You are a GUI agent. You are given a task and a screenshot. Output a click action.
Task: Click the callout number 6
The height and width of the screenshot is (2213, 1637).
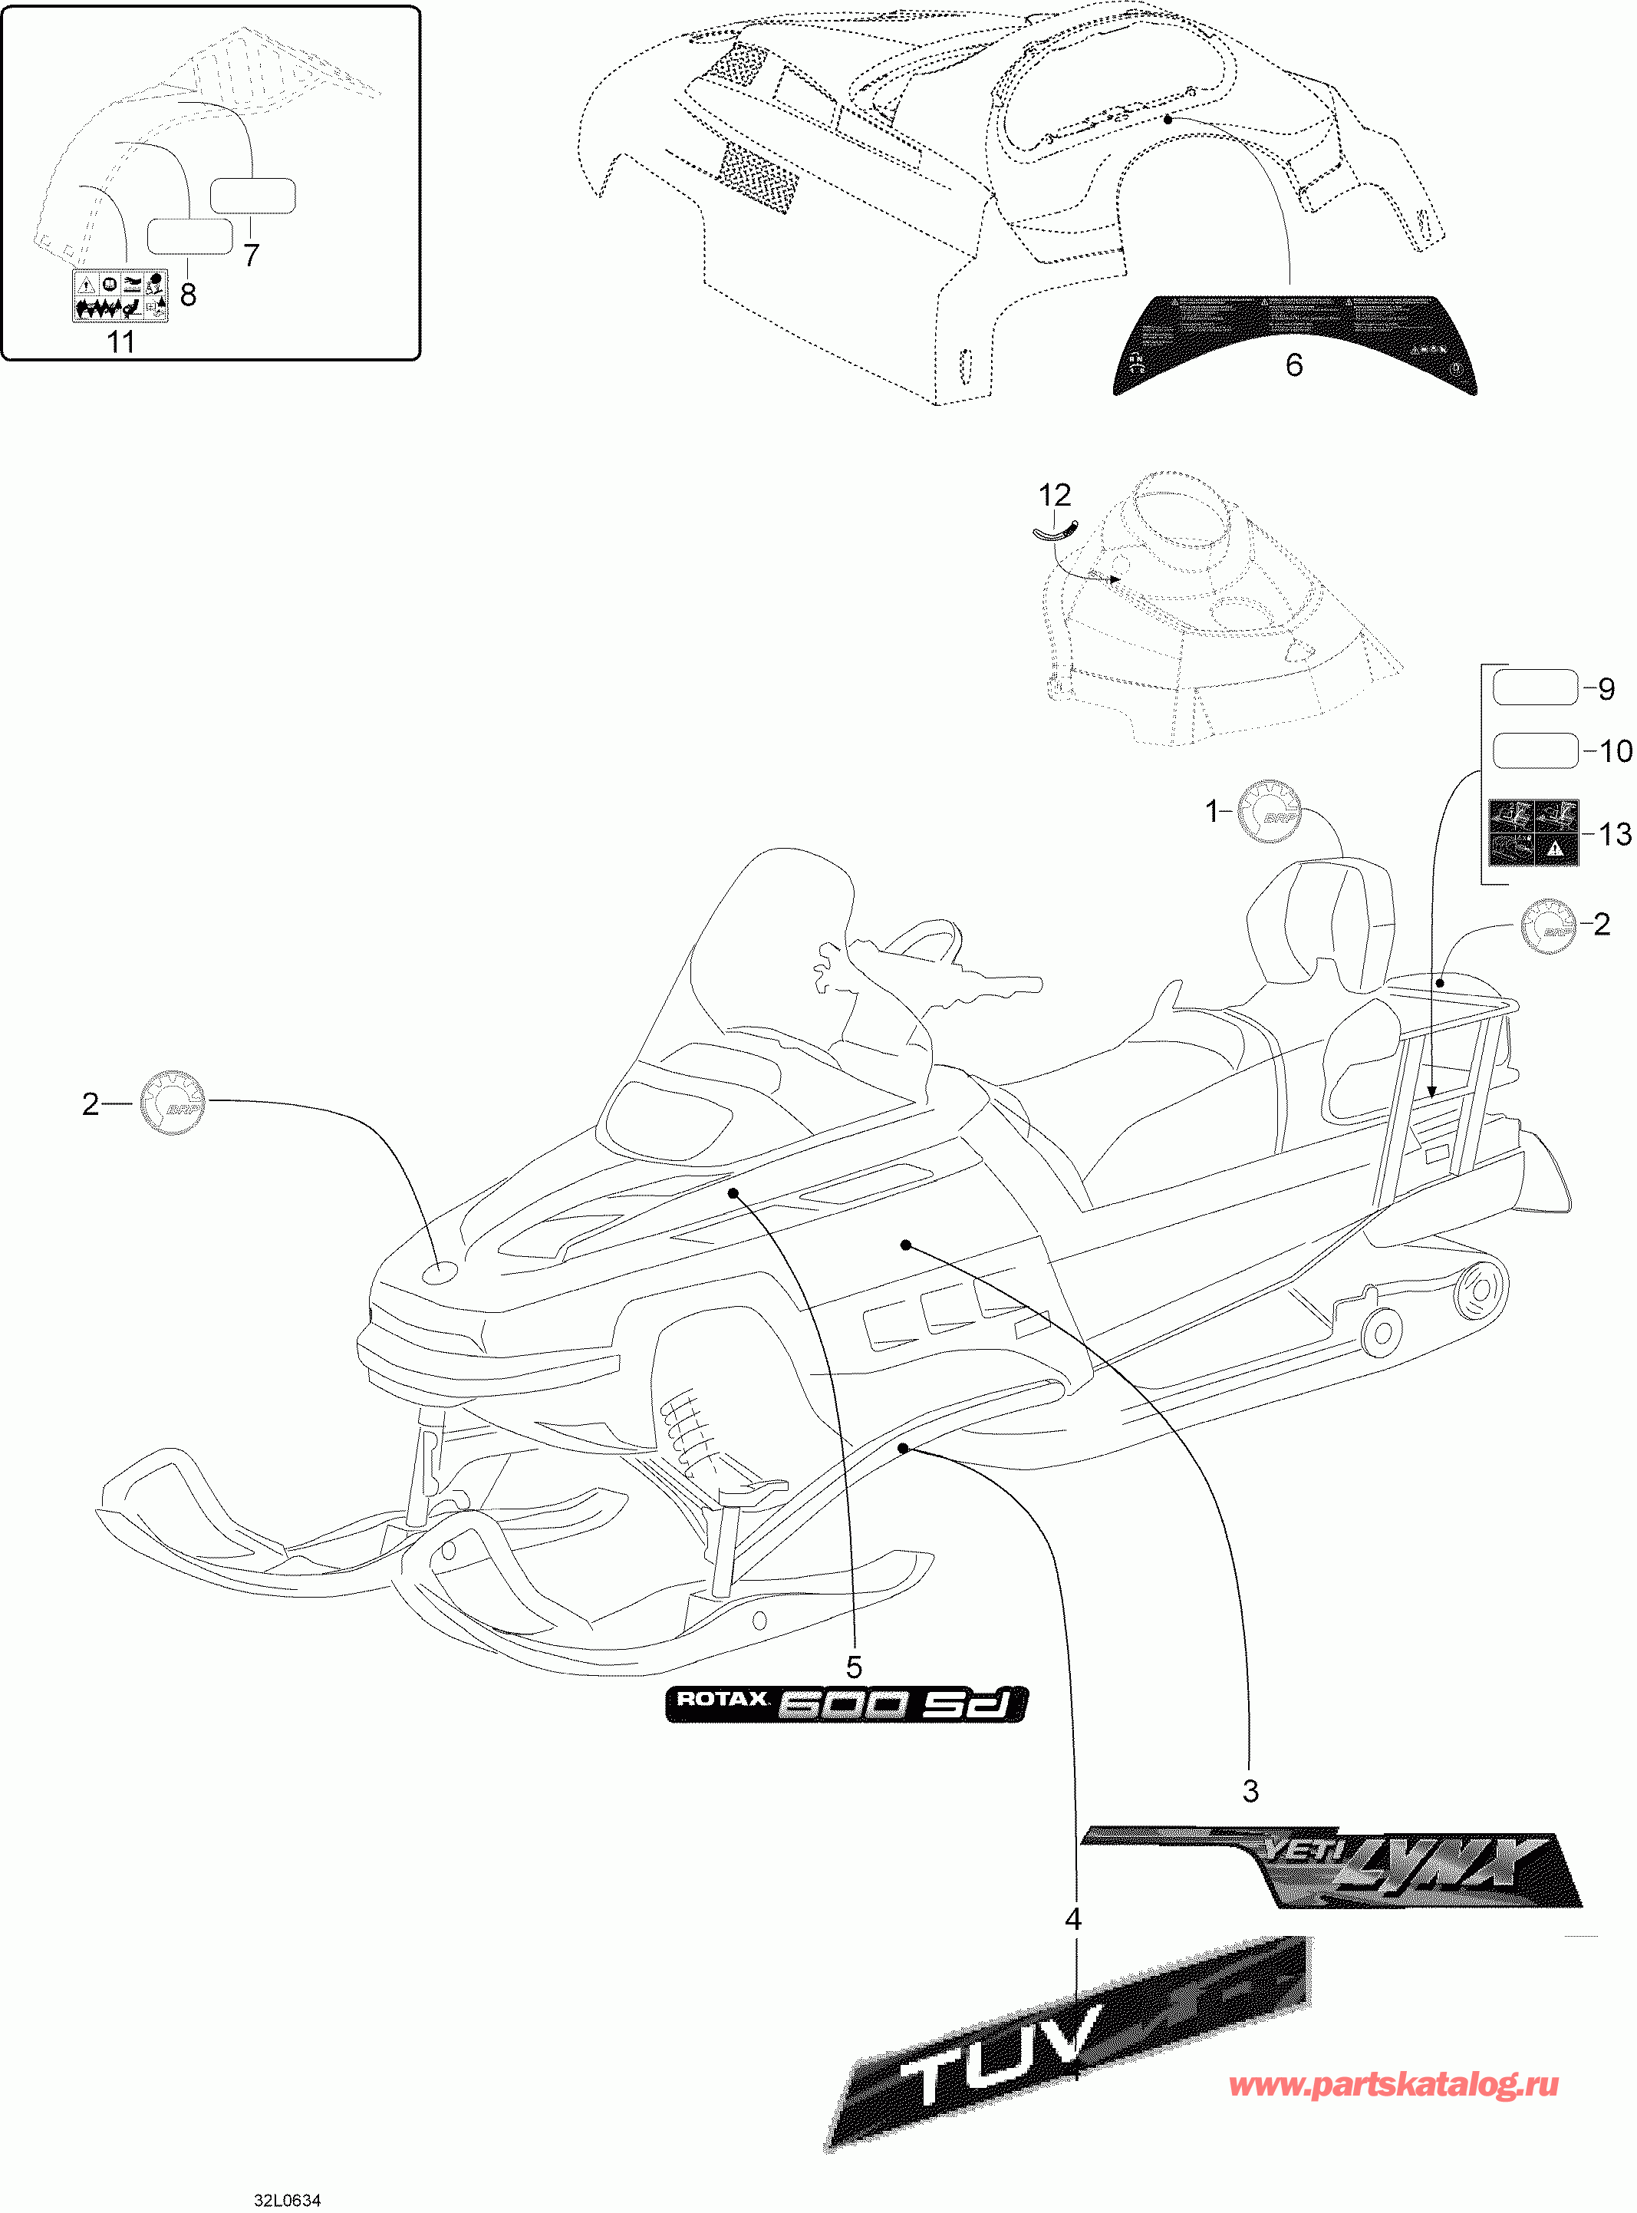(1293, 364)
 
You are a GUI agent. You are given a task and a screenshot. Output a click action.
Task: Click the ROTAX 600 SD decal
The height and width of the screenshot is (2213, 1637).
(845, 1703)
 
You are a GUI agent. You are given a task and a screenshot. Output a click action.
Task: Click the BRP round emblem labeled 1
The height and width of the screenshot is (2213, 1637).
(1270, 810)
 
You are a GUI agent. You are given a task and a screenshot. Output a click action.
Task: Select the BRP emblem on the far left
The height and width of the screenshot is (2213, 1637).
(173, 1102)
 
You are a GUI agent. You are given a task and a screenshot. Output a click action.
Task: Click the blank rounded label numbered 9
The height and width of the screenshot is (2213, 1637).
(1534, 688)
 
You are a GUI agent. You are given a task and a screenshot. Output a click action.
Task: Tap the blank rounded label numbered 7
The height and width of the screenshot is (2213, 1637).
(252, 195)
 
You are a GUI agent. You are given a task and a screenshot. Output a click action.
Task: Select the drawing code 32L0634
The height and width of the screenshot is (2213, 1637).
(288, 2200)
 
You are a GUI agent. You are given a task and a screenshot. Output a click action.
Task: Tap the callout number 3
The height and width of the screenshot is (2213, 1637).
(1250, 1791)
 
